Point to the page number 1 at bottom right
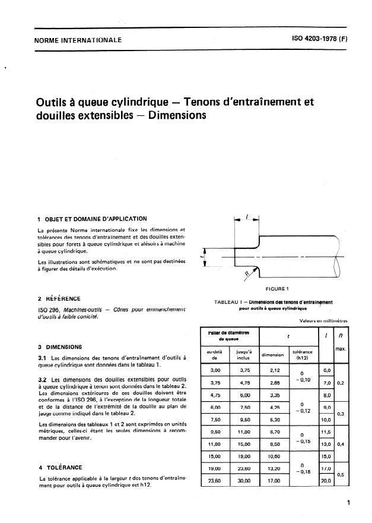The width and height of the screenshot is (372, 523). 348,503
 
